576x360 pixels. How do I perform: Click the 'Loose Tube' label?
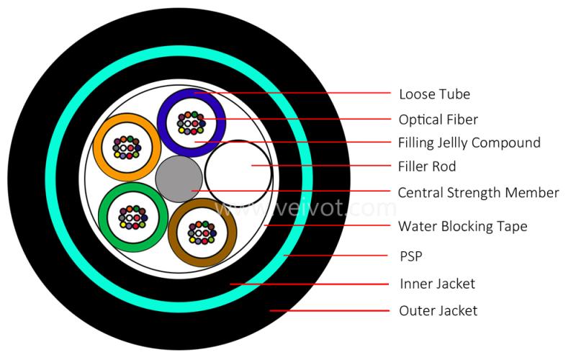click(x=434, y=94)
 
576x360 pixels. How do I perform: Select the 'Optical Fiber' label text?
click(x=438, y=119)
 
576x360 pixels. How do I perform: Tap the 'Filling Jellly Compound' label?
click(x=469, y=143)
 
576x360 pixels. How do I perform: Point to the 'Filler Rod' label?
click(x=427, y=167)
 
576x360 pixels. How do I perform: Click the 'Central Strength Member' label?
click(x=478, y=192)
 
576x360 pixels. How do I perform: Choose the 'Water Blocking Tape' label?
click(x=462, y=226)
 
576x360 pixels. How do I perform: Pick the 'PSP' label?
click(x=410, y=255)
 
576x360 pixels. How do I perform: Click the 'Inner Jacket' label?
click(x=437, y=284)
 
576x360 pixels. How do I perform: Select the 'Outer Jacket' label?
click(x=438, y=311)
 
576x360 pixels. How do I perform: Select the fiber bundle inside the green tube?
click(x=132, y=217)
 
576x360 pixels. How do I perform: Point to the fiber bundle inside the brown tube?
click(x=202, y=232)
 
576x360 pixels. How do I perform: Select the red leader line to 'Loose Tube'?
click(x=302, y=94)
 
